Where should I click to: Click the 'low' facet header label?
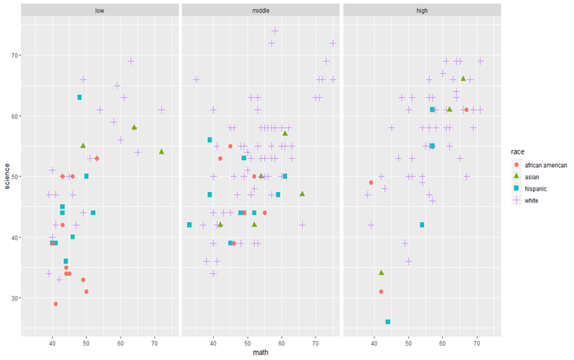coord(99,11)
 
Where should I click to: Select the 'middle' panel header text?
coord(261,11)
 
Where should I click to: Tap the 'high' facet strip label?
coord(422,11)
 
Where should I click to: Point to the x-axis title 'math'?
coord(261,352)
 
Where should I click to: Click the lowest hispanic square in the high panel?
coord(388,322)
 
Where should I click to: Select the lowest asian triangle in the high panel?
coord(381,273)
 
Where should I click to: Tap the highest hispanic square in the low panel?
coord(79,97)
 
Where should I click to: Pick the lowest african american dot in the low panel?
coord(56,304)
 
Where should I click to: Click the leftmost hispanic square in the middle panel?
coord(189,224)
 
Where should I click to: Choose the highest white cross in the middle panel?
coord(275,31)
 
